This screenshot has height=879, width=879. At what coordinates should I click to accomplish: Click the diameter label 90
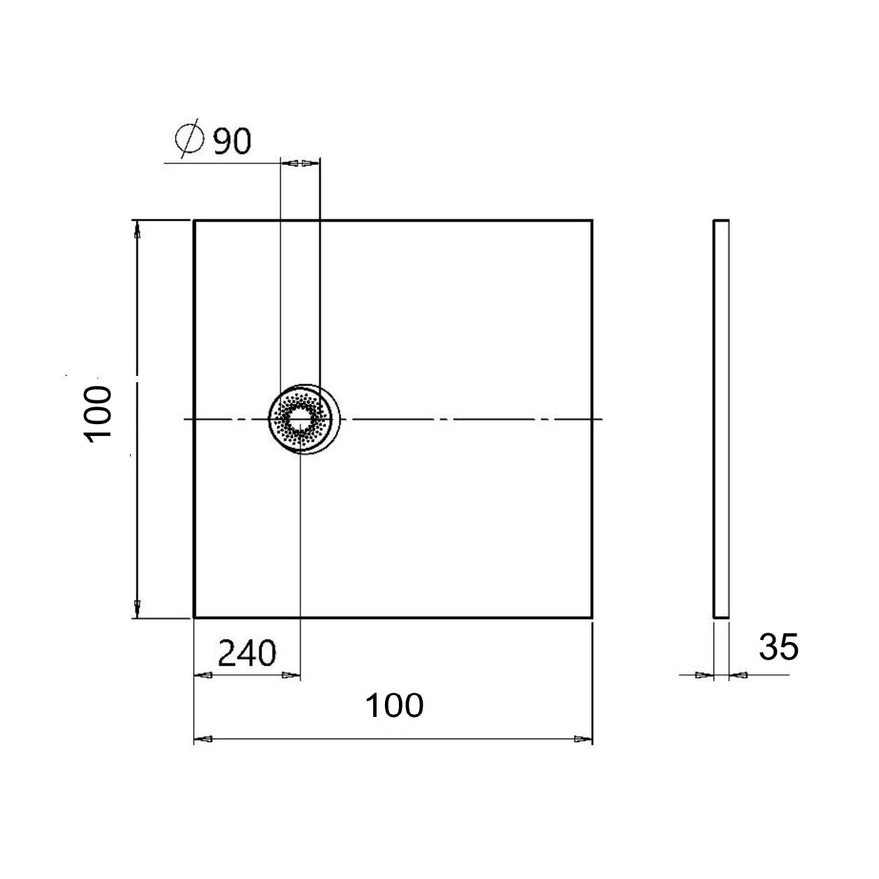(x=231, y=141)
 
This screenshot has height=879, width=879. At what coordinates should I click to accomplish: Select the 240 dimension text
(x=247, y=654)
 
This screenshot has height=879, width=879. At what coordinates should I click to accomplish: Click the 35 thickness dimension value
(x=778, y=648)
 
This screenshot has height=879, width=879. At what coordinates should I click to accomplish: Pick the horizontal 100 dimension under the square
(x=394, y=706)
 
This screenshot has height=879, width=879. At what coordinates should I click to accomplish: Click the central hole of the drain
(x=300, y=419)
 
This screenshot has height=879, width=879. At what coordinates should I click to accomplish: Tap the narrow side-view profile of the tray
(x=720, y=419)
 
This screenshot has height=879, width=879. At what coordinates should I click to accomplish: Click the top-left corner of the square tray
(x=194, y=221)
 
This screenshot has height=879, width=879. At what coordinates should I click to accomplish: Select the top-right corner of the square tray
(x=592, y=221)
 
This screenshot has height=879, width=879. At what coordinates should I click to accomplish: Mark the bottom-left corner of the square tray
(x=194, y=618)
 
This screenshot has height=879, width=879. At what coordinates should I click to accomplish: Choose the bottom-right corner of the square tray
(x=592, y=618)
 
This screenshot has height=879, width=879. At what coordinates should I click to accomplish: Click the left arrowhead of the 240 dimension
(x=203, y=676)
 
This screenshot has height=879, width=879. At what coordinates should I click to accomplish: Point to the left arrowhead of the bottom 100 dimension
(x=203, y=739)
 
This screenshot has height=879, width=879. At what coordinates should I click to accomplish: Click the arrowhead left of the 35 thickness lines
(x=704, y=675)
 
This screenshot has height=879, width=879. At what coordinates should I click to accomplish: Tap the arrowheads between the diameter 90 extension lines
(x=300, y=163)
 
